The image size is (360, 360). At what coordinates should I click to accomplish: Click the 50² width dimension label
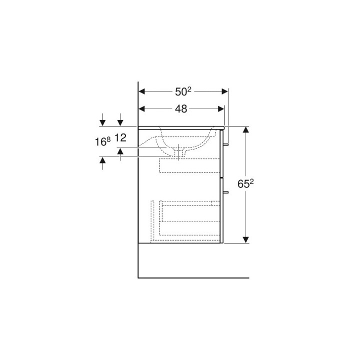(183, 91)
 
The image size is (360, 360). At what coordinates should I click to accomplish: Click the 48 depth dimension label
(181, 109)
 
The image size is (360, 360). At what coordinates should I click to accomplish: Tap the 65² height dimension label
(245, 183)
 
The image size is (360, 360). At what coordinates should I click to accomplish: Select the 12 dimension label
(120, 138)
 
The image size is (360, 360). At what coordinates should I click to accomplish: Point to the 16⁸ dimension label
(102, 141)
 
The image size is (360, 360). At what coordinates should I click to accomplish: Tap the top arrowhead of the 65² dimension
(245, 129)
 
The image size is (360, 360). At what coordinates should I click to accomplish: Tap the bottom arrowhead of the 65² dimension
(245, 240)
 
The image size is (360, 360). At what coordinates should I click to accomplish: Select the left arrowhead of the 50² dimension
(142, 91)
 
